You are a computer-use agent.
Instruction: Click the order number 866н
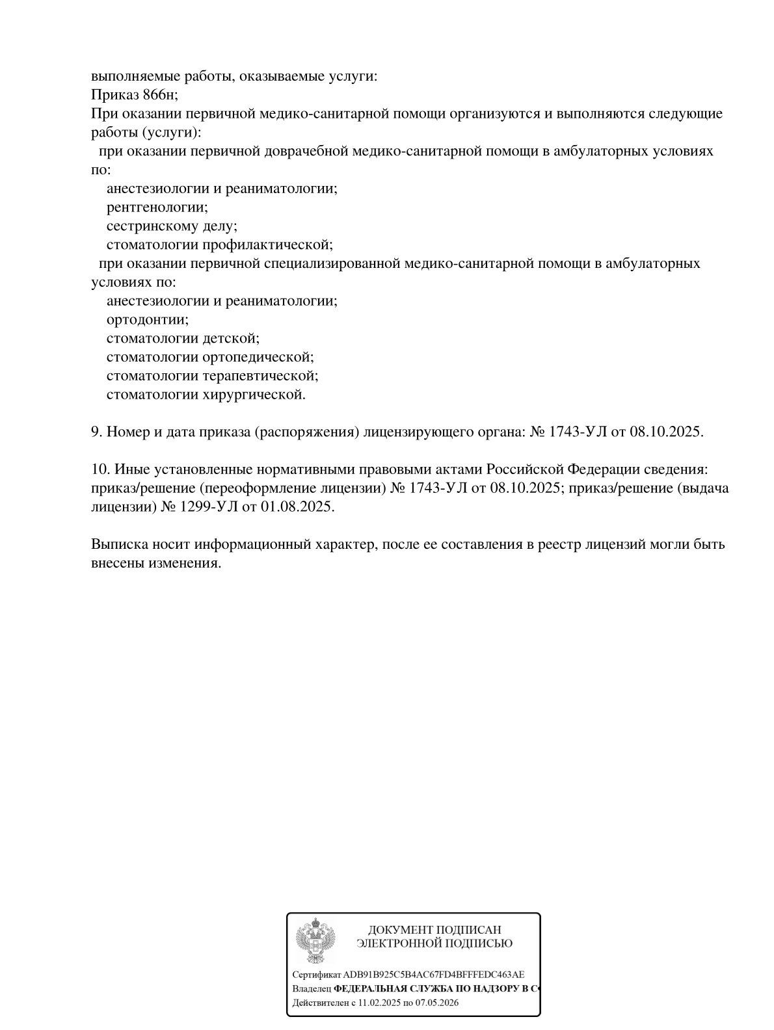point(159,95)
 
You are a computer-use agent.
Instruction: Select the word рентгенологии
point(156,207)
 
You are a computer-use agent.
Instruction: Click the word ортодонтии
point(147,320)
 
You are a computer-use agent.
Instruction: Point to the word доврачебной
point(306,152)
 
